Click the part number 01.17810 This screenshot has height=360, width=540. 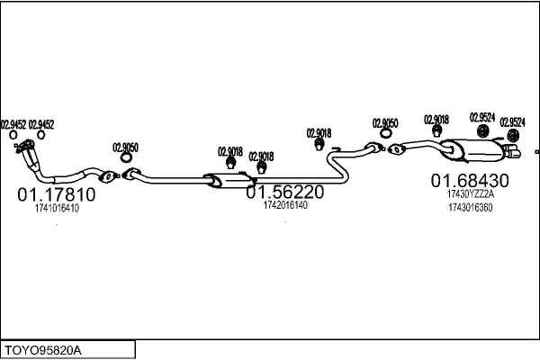point(56,193)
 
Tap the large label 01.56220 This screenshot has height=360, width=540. point(285,192)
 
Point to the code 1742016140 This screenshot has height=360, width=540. point(285,205)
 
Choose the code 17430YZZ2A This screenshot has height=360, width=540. point(470,193)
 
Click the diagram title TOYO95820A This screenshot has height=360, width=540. point(43,348)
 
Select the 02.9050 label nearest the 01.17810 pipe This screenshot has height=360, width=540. point(125,148)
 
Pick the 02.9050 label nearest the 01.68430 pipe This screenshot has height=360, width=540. point(386,122)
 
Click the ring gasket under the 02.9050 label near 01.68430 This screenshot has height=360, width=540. point(386,136)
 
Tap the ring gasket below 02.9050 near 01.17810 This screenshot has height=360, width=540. point(124,160)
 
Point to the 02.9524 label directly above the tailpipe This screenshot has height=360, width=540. point(513,121)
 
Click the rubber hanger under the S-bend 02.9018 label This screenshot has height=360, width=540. point(319,144)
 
